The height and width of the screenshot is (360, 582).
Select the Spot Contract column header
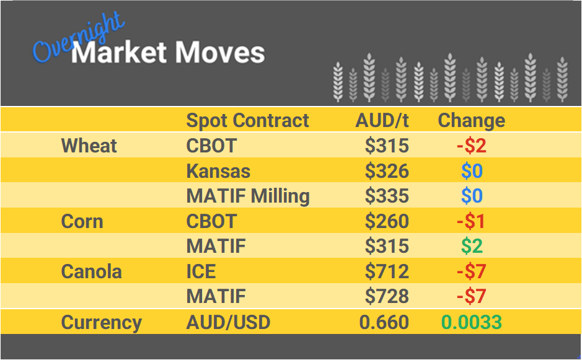coord(247,120)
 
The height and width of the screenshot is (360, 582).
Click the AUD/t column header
coord(382,120)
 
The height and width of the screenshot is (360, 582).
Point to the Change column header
coord(471,120)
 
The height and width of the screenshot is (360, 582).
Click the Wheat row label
coord(89,146)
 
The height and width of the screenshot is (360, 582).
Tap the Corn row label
coord(82,221)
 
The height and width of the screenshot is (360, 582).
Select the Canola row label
coord(91,271)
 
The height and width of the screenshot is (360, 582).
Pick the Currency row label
coord(101,322)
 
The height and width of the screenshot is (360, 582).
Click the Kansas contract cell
coord(218,171)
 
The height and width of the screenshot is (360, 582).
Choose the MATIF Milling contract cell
coord(248,196)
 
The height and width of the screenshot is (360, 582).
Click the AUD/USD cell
coord(228,322)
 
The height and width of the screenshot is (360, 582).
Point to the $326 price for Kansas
coord(387,171)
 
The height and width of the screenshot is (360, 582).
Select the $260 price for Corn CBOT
coord(387,221)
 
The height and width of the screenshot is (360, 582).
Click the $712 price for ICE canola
coord(387,271)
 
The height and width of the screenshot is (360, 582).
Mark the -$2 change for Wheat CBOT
coord(471,146)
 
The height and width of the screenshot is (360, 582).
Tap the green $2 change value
coord(471,247)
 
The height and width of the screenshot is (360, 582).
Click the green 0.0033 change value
coord(471,322)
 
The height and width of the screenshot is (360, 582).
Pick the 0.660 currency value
coord(384,322)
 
